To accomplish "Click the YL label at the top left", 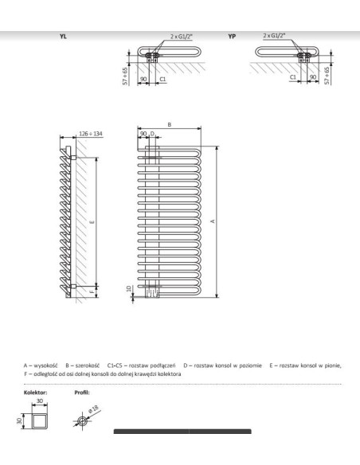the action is pyautogui.click(x=63, y=37).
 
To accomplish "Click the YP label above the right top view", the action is pyautogui.click(x=233, y=37).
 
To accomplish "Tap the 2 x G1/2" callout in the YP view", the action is pyautogui.click(x=276, y=36).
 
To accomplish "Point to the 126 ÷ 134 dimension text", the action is pyautogui.click(x=88, y=133).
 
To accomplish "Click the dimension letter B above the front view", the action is pyautogui.click(x=170, y=124).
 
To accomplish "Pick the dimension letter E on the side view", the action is pyautogui.click(x=93, y=222).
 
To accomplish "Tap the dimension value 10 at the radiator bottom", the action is pyautogui.click(x=129, y=287).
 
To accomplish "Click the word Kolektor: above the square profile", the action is pyautogui.click(x=37, y=392).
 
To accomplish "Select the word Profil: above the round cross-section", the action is pyautogui.click(x=80, y=392).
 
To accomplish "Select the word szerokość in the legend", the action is pyautogui.click(x=90, y=365).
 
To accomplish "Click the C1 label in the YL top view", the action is pyautogui.click(x=162, y=80).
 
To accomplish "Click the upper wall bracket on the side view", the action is pyautogui.click(x=72, y=158).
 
